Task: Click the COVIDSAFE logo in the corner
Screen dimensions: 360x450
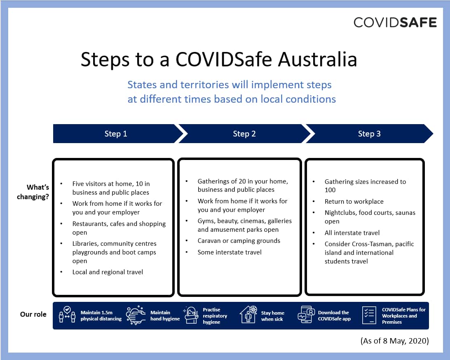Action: click(395, 22)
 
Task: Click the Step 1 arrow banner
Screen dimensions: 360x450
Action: click(116, 134)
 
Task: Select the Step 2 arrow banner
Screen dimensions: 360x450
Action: click(244, 134)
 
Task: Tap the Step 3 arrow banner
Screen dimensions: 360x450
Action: click(369, 134)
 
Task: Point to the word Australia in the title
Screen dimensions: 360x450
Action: click(317, 59)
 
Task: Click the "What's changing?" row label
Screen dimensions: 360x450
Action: click(33, 192)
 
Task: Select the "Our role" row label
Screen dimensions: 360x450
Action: click(33, 314)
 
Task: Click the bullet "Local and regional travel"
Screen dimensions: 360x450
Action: click(108, 272)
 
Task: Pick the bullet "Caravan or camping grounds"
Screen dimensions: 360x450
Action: click(239, 241)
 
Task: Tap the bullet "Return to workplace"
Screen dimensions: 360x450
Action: click(354, 202)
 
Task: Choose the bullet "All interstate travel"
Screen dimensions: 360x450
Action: click(352, 233)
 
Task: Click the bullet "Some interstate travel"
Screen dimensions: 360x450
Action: click(230, 252)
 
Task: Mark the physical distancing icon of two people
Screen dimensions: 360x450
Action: click(67, 315)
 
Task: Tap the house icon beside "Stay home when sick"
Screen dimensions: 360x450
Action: click(248, 315)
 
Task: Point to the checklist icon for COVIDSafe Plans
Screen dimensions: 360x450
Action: click(369, 315)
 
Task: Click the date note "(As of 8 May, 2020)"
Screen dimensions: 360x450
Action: click(394, 341)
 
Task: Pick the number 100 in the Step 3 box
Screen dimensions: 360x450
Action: click(330, 190)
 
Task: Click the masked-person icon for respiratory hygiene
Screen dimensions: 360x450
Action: click(191, 315)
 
